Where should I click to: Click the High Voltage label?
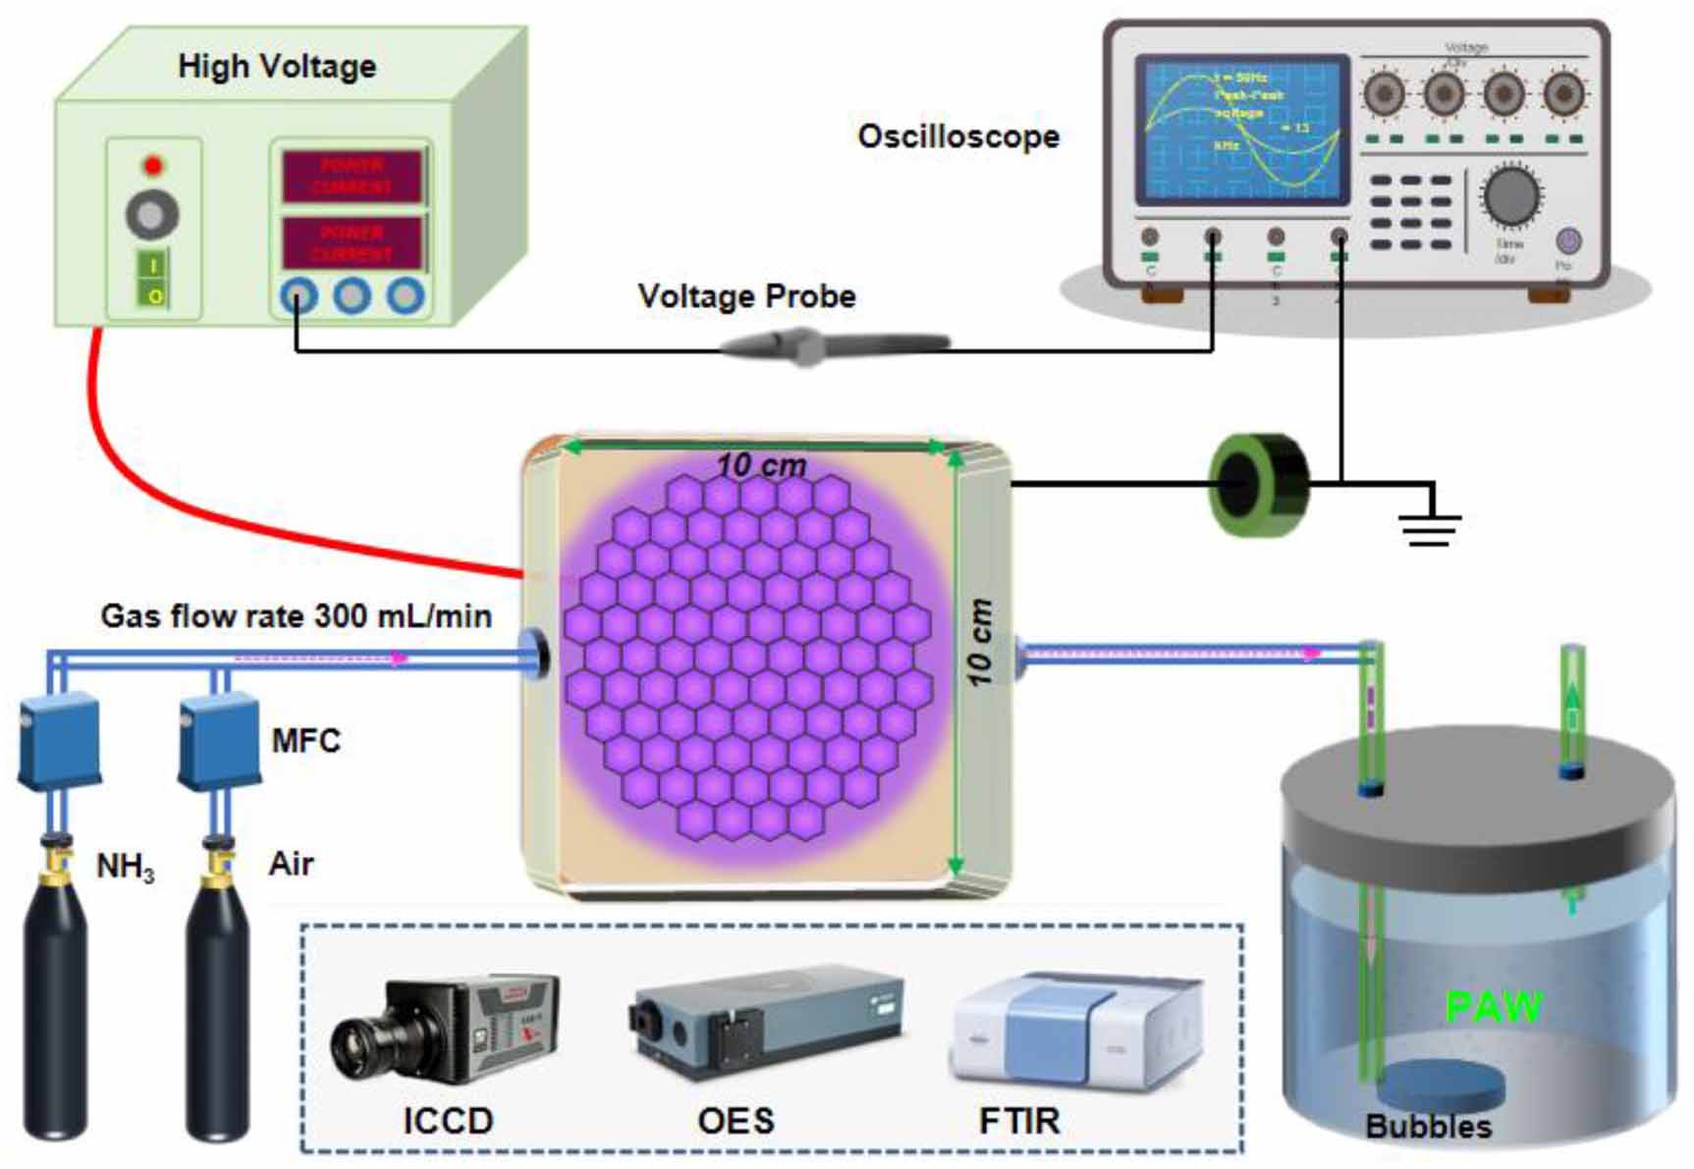tap(277, 67)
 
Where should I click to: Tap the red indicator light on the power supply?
tap(152, 164)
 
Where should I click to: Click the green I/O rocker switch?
tap(153, 280)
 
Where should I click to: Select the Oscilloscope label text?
tap(958, 136)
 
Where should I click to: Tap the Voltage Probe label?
tap(746, 295)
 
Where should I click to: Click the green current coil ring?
tap(1257, 484)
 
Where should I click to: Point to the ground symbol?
tap(1431, 525)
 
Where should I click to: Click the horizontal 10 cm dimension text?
tap(761, 464)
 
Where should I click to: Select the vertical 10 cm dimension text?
tap(979, 643)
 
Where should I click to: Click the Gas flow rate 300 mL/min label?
tap(296, 616)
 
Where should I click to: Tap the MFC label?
tap(305, 740)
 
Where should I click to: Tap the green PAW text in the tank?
tap(1494, 1006)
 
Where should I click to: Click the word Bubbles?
tap(1428, 1127)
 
